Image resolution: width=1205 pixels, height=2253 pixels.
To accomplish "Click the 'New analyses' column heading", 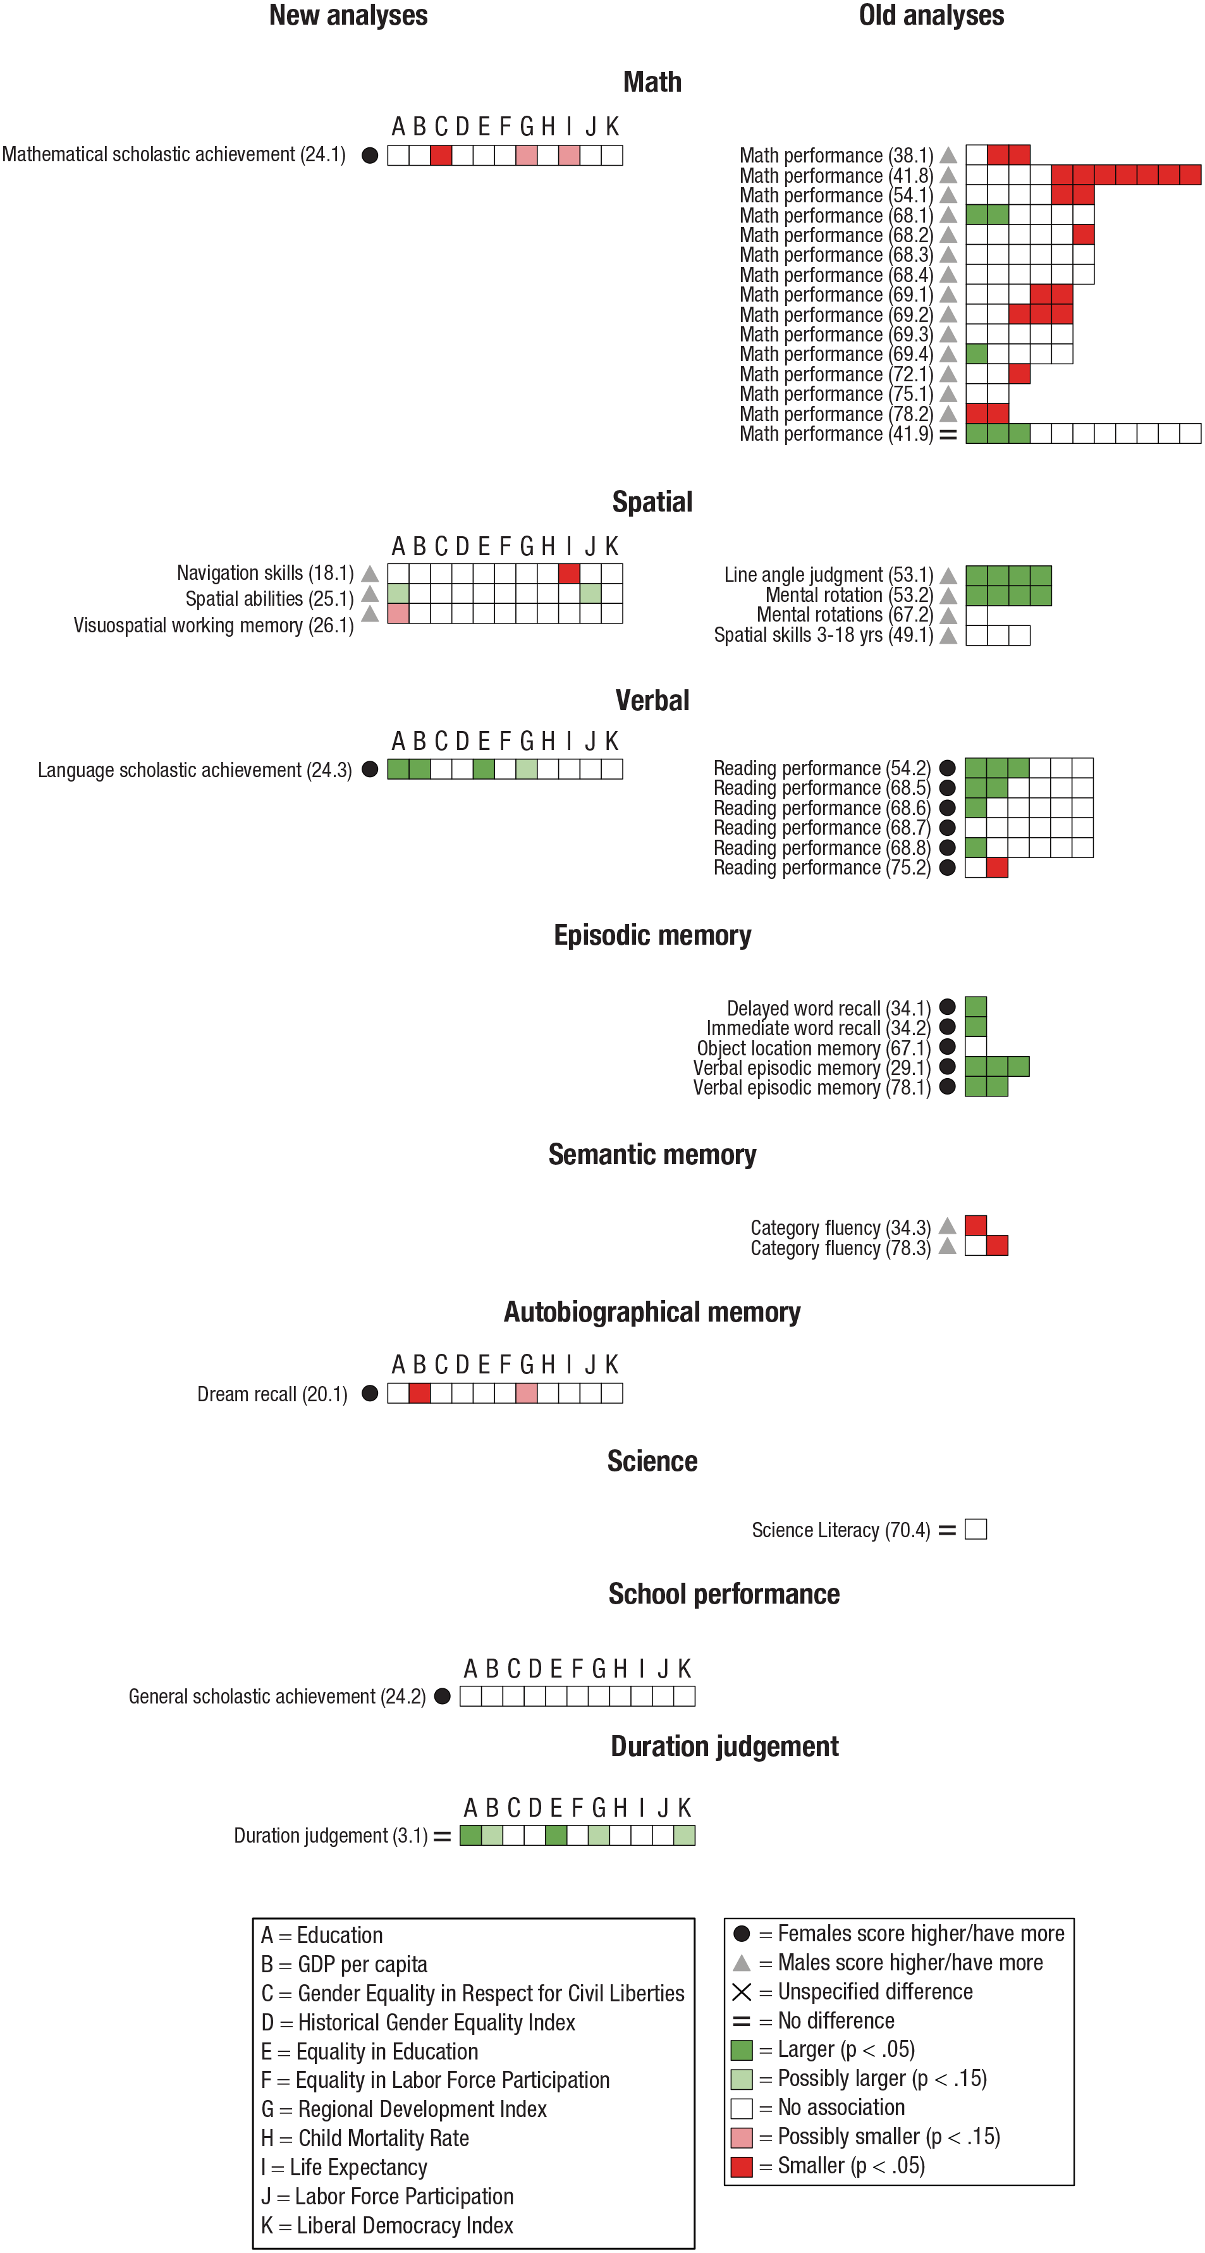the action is [348, 15].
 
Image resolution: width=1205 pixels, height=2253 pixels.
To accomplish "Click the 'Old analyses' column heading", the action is [931, 15].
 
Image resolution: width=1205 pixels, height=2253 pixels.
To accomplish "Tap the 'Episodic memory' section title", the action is [652, 935].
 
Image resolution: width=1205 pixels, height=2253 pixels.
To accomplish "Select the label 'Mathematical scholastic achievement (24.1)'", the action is [174, 155].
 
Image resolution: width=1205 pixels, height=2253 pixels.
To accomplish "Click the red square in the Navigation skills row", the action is [569, 574].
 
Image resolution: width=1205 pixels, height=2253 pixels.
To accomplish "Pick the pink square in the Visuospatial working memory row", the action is [398, 613].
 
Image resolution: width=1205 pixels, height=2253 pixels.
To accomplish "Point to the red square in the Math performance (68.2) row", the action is [1084, 235].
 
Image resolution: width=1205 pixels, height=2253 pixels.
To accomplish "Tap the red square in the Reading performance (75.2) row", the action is [997, 868].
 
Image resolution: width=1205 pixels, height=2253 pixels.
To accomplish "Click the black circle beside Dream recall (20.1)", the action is [370, 1393].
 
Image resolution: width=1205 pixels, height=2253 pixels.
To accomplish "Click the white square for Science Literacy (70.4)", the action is [976, 1529].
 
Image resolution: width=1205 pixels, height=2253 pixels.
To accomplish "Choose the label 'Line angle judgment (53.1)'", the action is [829, 575].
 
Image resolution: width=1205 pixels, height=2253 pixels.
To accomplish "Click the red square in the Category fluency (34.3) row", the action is [976, 1225].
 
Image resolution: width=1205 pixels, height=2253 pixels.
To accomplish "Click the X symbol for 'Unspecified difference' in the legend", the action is [742, 1991].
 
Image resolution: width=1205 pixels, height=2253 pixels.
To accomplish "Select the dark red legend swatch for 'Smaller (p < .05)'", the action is [742, 2166].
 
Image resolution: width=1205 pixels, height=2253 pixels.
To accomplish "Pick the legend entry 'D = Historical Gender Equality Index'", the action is [418, 2022].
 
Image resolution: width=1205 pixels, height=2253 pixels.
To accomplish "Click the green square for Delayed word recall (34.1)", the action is [976, 1007].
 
